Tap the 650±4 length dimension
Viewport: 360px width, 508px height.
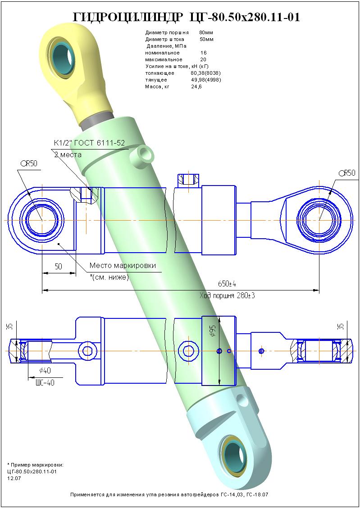tap(227, 284)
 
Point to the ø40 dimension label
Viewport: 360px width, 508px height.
tap(45, 370)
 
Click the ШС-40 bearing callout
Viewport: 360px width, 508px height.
tap(45, 383)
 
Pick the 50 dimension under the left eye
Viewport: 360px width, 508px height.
tap(58, 267)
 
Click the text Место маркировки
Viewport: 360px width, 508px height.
tap(123, 266)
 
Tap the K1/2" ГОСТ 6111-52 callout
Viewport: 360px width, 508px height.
tap(89, 143)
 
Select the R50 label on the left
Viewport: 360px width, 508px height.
tap(29, 163)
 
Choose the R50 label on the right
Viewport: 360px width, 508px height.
tap(347, 173)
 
